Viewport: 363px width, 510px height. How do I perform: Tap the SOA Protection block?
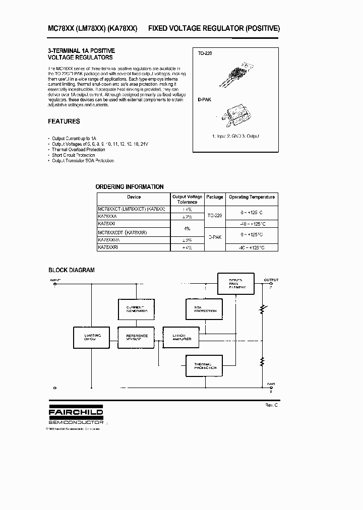(x=202, y=309)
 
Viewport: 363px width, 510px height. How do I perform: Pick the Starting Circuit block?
(x=92, y=338)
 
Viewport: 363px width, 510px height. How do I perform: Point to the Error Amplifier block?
(x=181, y=338)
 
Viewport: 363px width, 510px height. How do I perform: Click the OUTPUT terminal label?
(x=271, y=280)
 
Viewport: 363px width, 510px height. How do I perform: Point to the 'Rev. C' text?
(x=271, y=405)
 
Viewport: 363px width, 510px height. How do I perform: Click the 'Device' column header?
(x=134, y=197)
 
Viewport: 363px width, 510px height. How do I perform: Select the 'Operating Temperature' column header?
(x=252, y=197)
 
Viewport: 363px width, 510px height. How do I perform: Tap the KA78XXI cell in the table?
(x=106, y=223)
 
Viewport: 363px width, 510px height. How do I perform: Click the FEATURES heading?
(x=64, y=121)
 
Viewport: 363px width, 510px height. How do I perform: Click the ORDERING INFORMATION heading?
(x=130, y=186)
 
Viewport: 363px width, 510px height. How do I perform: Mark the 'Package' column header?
(x=214, y=197)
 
